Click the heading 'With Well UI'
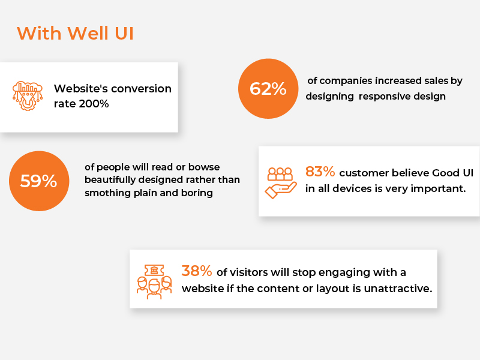(x=75, y=32)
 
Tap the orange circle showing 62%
(x=268, y=89)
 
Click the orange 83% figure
(x=320, y=172)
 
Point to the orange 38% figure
(x=196, y=271)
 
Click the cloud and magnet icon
(x=28, y=96)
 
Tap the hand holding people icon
(x=280, y=181)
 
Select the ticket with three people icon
(x=154, y=280)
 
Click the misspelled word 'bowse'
(x=224, y=166)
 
